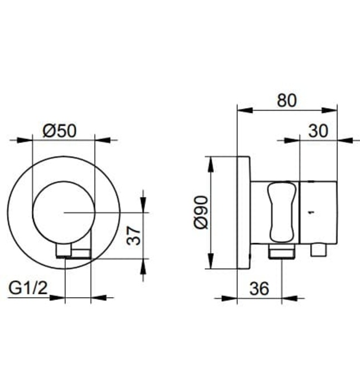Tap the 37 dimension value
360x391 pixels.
click(x=132, y=235)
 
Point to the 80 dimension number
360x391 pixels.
click(x=287, y=101)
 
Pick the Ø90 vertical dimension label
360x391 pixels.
click(x=201, y=213)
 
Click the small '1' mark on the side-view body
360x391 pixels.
click(x=311, y=212)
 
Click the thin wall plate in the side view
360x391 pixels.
click(x=243, y=212)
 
